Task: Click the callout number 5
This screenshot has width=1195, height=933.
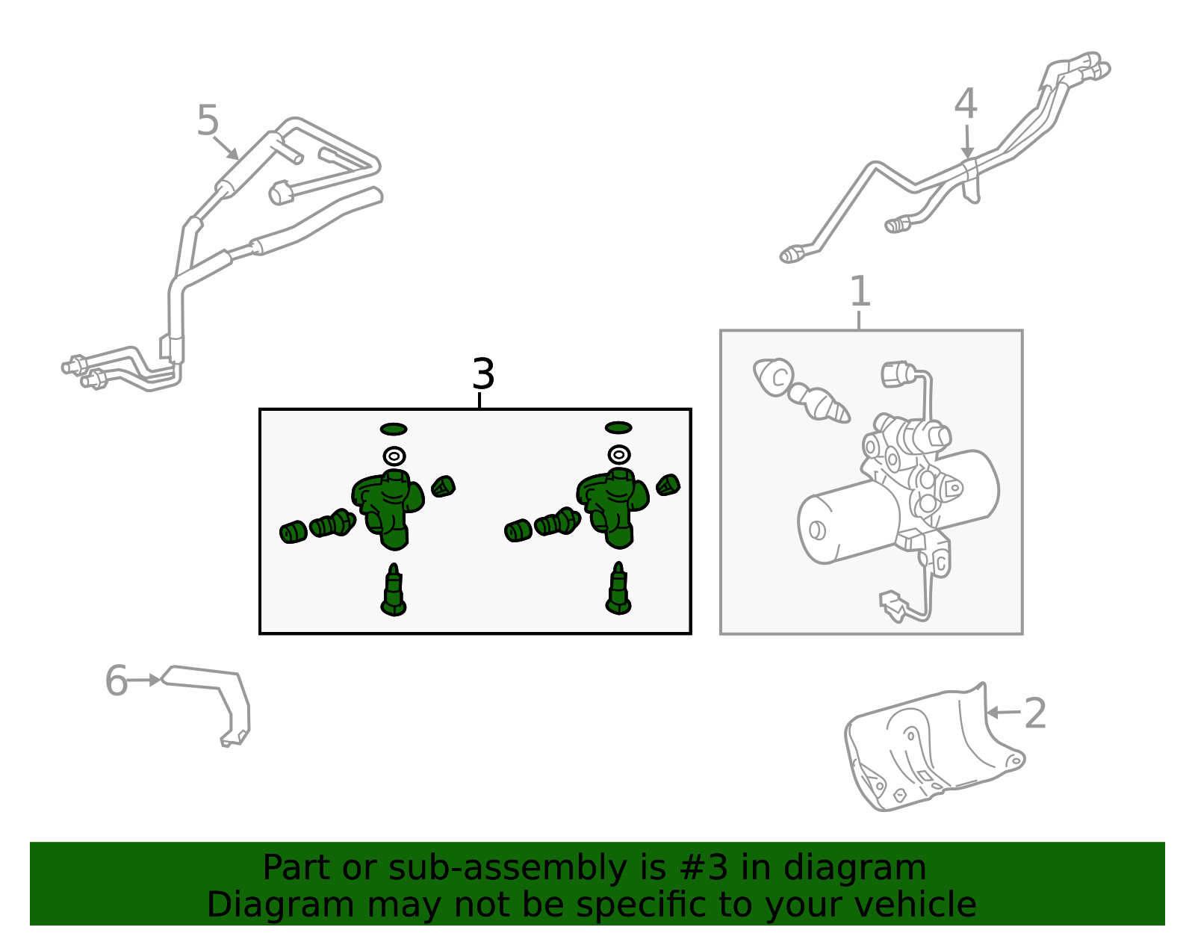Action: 208,120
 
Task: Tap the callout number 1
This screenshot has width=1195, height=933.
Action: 860,291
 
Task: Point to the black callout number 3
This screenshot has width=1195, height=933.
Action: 483,373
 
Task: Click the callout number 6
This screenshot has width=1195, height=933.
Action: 117,680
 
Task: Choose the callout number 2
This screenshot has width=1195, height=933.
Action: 1035,713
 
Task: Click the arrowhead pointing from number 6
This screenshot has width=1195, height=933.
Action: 155,680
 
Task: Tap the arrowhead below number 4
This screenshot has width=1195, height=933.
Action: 967,153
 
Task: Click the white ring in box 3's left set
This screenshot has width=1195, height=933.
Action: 394,456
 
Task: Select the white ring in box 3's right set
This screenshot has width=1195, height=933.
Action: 619,455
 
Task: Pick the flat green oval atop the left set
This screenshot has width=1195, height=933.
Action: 394,429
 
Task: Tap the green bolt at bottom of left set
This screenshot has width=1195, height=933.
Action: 393,590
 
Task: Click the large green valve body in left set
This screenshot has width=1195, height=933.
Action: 389,509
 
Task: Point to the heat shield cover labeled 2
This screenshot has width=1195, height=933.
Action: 935,748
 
